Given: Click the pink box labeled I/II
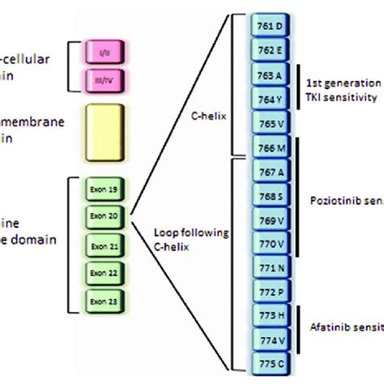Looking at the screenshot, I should coord(105,52).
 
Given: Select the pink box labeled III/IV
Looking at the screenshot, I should coord(105,79).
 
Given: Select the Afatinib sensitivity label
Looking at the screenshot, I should coord(346,329).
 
